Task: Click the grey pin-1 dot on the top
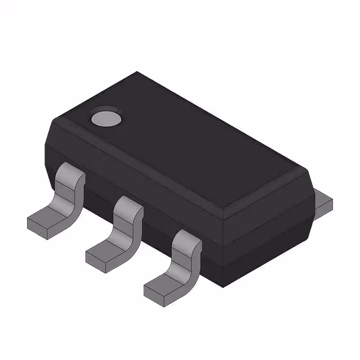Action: [x=106, y=118]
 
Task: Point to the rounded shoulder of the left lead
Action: [x=72, y=174]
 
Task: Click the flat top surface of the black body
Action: [x=186, y=146]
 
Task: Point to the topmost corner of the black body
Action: [x=137, y=71]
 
